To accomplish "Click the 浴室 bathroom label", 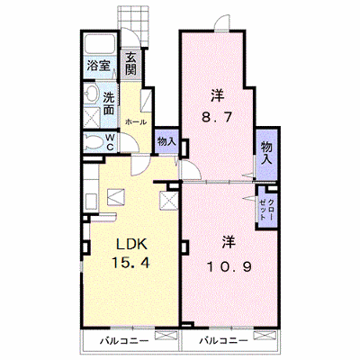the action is point(99,66).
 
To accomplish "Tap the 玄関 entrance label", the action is point(130,64).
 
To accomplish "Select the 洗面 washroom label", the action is point(109,103).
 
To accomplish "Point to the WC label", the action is point(111,142).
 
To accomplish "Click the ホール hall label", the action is point(136,122).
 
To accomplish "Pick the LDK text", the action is point(131,245).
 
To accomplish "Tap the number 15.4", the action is point(130,263).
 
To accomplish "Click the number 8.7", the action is point(217,117).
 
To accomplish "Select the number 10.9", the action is point(229,266).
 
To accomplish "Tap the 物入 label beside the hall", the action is point(166,141).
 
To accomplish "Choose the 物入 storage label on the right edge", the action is point(266,153).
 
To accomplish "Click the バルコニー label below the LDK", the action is point(124,341).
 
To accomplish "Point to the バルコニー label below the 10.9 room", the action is point(224,341).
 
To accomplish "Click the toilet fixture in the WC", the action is point(94,142).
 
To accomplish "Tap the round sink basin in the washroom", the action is point(92,93).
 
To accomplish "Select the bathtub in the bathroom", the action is point(100,44).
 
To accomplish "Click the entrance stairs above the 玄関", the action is point(133,26).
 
